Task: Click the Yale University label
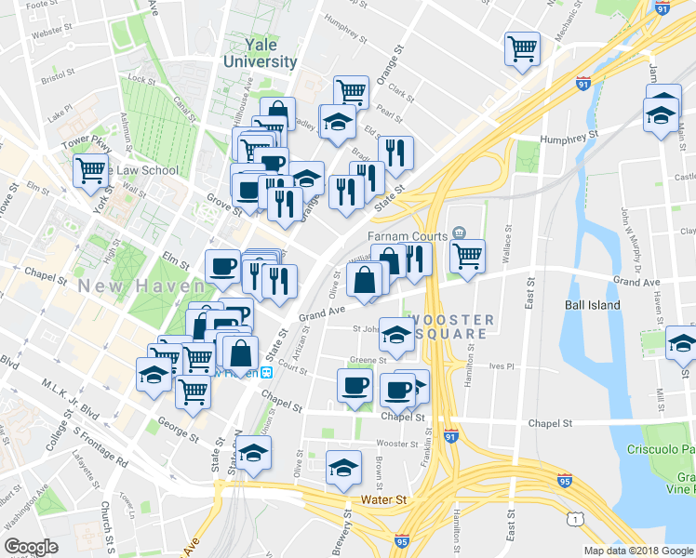260,53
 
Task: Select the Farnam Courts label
408,236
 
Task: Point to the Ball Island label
592,304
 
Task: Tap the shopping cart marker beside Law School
90,171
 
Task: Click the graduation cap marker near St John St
396,338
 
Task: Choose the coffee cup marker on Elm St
222,268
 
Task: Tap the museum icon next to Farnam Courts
458,232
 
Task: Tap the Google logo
31,546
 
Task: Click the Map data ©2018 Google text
637,551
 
